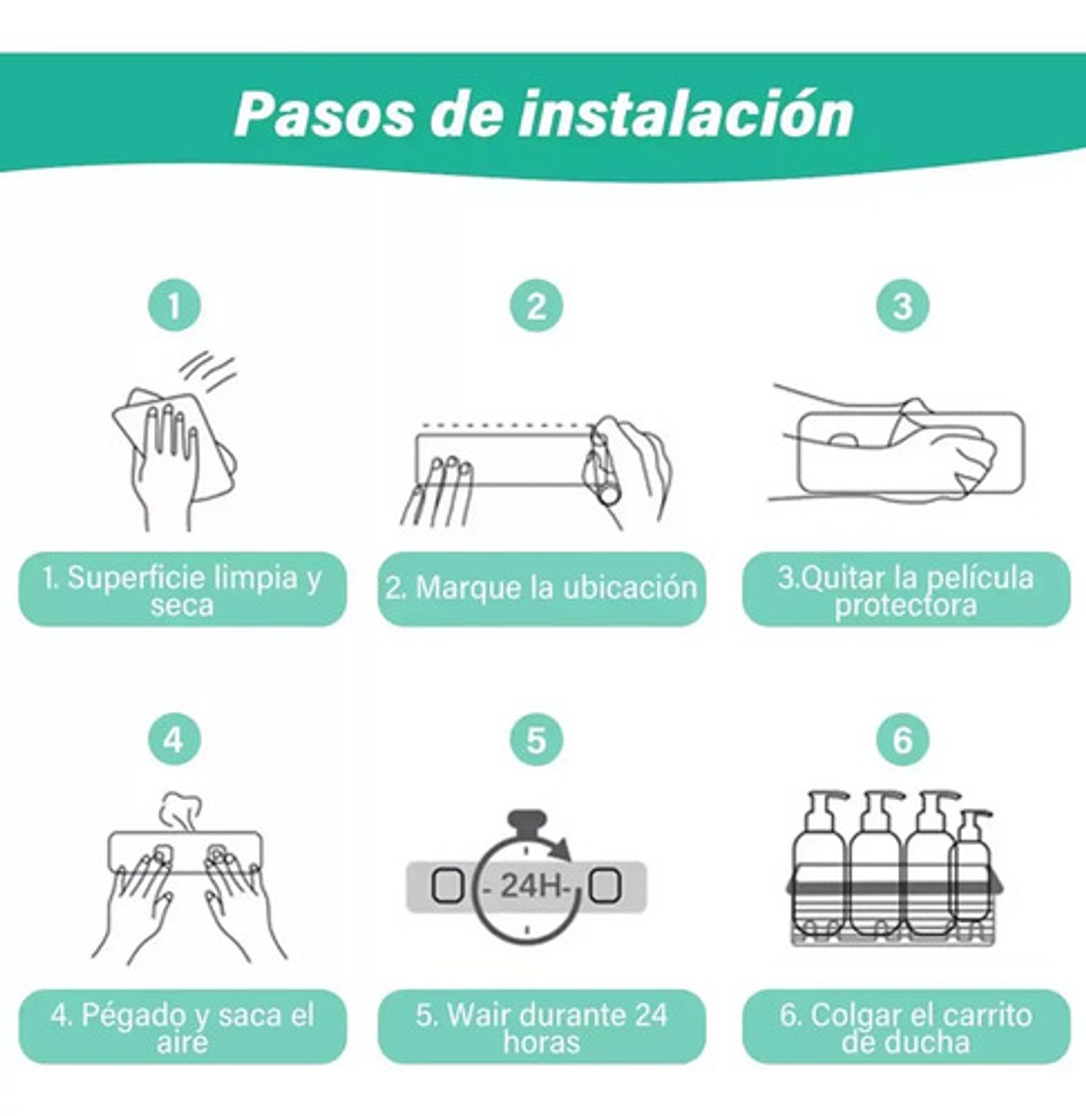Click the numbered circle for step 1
(174, 306)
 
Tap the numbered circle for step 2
(536, 306)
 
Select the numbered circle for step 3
(902, 306)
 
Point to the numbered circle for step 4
(174, 739)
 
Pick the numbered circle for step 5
(536, 739)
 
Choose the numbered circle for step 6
(902, 739)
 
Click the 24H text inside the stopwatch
(532, 885)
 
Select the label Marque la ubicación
(541, 589)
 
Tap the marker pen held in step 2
(603, 467)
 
